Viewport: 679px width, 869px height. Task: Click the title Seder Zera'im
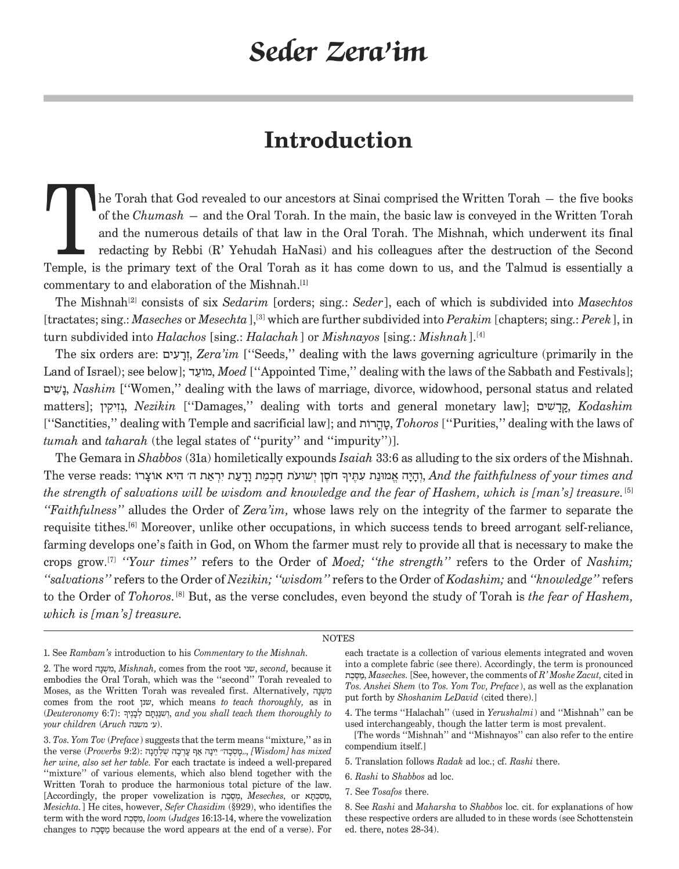tap(338, 52)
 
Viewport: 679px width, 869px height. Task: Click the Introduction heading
tap(338, 141)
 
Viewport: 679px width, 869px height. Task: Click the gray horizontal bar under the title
tap(338, 98)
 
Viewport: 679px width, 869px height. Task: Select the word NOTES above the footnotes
tap(338, 639)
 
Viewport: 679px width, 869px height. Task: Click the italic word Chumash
tap(150, 216)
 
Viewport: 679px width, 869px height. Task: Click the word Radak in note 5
tap(449, 762)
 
